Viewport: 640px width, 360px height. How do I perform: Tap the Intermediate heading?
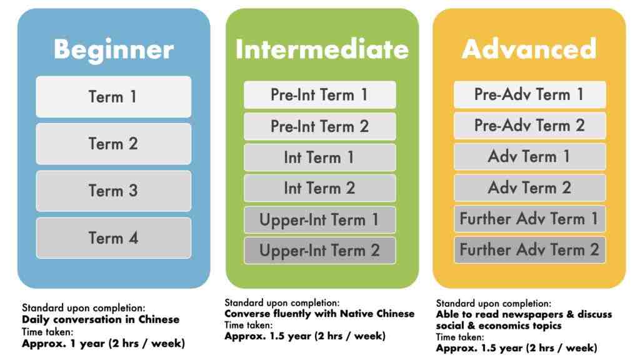pyautogui.click(x=322, y=49)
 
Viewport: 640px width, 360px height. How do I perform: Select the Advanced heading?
pyautogui.click(x=529, y=49)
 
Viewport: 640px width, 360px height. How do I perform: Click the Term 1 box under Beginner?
pyautogui.click(x=114, y=97)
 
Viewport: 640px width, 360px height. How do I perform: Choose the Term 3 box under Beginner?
pyautogui.click(x=114, y=191)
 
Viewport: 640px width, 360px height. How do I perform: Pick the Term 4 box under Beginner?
pyautogui.click(x=114, y=238)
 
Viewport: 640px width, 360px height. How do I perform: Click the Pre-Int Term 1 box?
pyautogui.click(x=319, y=95)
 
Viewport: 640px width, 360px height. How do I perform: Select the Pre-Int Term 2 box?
pyautogui.click(x=319, y=126)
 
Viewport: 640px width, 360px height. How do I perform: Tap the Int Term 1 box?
pyautogui.click(x=319, y=157)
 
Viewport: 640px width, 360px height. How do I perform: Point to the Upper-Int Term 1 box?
pyautogui.click(x=319, y=219)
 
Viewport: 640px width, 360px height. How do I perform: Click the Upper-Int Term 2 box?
pyautogui.click(x=319, y=250)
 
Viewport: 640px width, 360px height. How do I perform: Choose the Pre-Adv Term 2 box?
pyautogui.click(x=529, y=125)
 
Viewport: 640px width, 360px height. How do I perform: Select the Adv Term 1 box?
pyautogui.click(x=529, y=156)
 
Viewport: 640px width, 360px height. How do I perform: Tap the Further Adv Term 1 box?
pyautogui.click(x=529, y=218)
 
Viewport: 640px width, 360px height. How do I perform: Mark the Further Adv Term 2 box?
pyautogui.click(x=529, y=249)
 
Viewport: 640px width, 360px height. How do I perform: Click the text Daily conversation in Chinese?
pyautogui.click(x=101, y=319)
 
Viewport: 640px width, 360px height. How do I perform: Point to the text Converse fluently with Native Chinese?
pyautogui.click(x=319, y=314)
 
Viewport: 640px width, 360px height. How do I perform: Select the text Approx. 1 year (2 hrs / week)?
pyautogui.click(x=103, y=343)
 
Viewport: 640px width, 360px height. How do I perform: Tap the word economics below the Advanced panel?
pyautogui.click(x=499, y=326)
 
